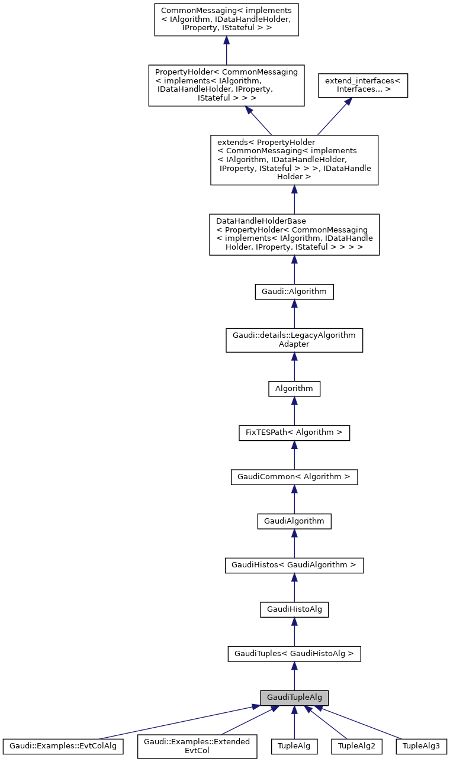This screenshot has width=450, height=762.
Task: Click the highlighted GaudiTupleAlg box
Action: pos(294,698)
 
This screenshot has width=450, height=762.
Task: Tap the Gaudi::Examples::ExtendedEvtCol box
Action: pos(197,747)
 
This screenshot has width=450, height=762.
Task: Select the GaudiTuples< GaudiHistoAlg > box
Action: pos(294,654)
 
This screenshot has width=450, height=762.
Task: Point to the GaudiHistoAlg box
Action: pos(294,609)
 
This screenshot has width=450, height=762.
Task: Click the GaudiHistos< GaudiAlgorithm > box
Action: pos(294,565)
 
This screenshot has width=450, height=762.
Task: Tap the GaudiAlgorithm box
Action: pos(294,521)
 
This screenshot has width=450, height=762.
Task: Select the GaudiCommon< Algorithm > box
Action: pos(294,477)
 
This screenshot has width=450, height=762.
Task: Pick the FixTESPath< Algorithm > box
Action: pos(294,432)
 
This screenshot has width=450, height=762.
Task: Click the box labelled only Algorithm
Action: pos(294,389)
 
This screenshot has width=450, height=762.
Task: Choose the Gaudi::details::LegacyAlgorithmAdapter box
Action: pos(294,340)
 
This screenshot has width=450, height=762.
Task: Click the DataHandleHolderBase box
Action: pos(294,234)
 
